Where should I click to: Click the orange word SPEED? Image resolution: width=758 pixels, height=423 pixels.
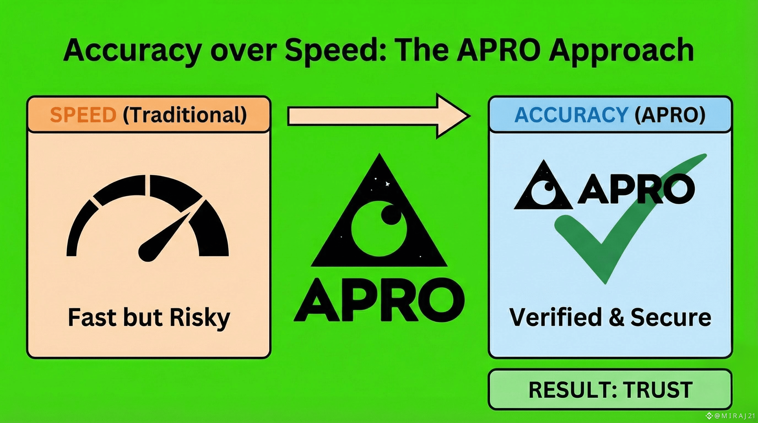coord(83,115)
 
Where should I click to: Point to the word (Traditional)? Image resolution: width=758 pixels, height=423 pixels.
coord(185,115)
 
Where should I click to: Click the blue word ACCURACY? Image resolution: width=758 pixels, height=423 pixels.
coord(572,115)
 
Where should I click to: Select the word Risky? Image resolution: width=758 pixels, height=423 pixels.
coord(200,318)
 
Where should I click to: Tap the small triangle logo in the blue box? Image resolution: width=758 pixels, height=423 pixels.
coord(543,187)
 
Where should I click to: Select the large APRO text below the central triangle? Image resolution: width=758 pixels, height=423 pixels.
coord(379,300)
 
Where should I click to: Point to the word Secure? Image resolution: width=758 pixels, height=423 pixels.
coord(671,318)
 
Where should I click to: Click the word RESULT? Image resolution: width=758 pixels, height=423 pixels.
coord(569,390)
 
